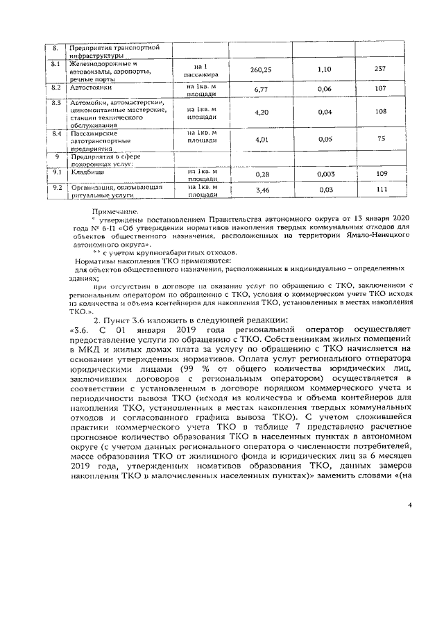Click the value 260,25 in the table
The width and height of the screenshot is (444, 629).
(x=262, y=70)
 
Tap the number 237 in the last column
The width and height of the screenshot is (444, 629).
(x=379, y=70)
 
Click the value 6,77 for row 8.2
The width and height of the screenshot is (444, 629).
(x=262, y=90)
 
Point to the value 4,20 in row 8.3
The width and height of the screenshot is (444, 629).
(x=262, y=112)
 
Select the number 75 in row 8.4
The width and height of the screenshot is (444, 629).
(x=380, y=140)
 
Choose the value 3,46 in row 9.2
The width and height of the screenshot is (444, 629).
(x=262, y=190)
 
